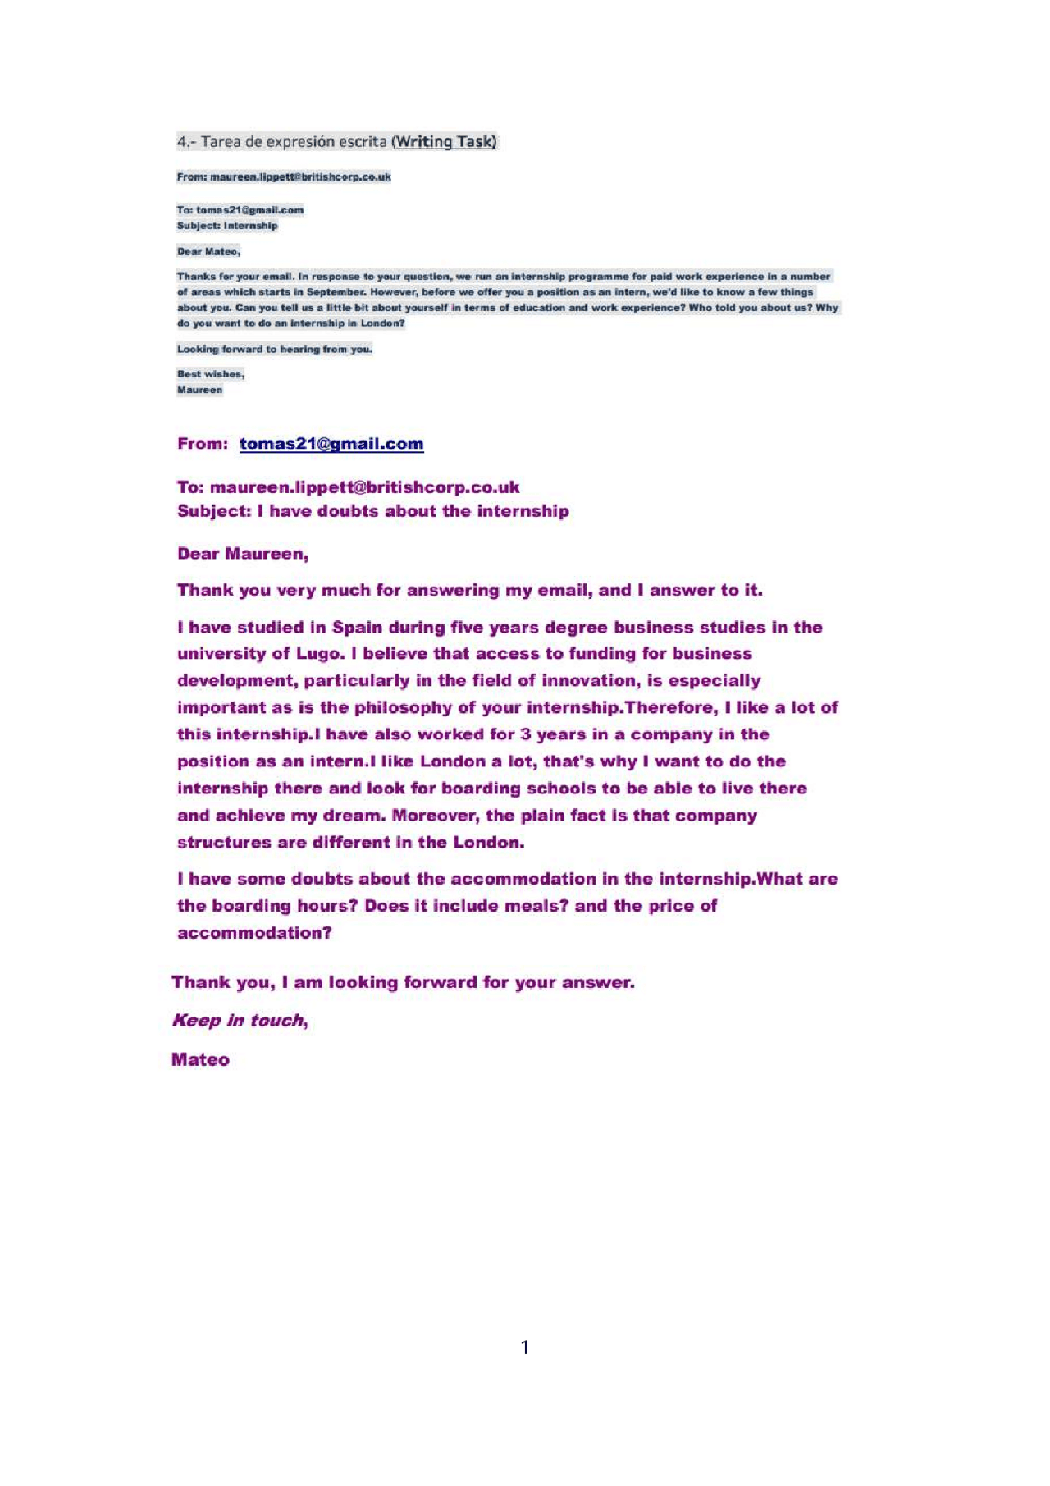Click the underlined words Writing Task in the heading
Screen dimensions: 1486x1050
(445, 142)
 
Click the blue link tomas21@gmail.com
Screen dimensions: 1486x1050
(331, 444)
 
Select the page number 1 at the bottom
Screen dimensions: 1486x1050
(525, 1347)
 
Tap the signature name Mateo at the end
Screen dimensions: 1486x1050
(200, 1059)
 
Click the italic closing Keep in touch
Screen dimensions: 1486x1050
(239, 1020)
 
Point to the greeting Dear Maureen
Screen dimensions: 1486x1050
(243, 554)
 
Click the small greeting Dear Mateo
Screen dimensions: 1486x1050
(208, 251)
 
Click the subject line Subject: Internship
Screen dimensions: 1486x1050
(227, 226)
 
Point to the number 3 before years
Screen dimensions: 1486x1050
(525, 734)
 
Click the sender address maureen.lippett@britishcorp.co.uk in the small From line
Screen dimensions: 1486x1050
(300, 176)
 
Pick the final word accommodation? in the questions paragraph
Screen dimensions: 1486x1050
(254, 933)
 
